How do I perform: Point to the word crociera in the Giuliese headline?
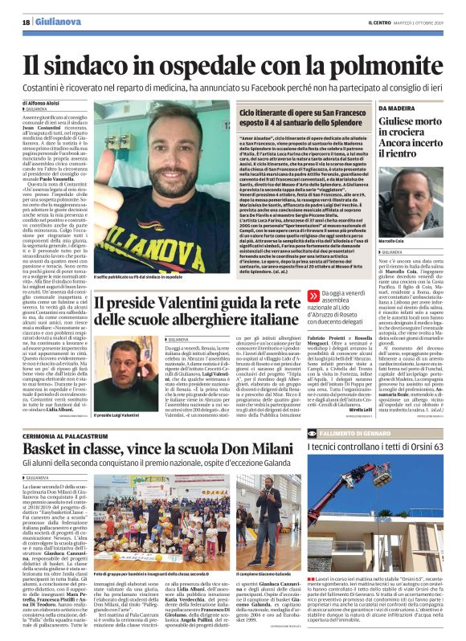coord(394,137)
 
